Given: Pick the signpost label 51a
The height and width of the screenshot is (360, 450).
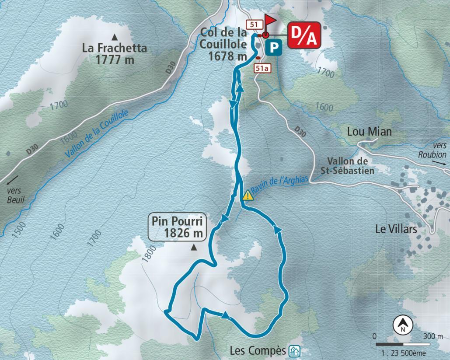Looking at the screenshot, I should (x=262, y=67).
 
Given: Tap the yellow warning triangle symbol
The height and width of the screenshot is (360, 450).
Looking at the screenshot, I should (x=248, y=195).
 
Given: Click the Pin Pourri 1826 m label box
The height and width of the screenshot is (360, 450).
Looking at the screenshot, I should (x=177, y=227).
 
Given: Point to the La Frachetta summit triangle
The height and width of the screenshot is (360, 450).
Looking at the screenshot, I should (x=115, y=37).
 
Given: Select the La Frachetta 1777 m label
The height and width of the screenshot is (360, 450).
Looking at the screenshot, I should (x=114, y=54).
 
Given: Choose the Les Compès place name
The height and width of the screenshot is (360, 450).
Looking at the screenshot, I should (x=258, y=350).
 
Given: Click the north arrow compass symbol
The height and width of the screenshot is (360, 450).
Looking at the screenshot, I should (x=401, y=325).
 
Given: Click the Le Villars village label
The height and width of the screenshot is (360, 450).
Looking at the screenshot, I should (x=396, y=228).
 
